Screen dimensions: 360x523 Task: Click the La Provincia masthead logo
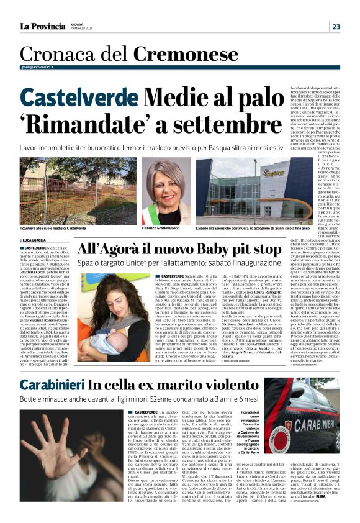coord(43,26)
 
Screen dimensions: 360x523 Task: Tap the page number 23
coord(336,26)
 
